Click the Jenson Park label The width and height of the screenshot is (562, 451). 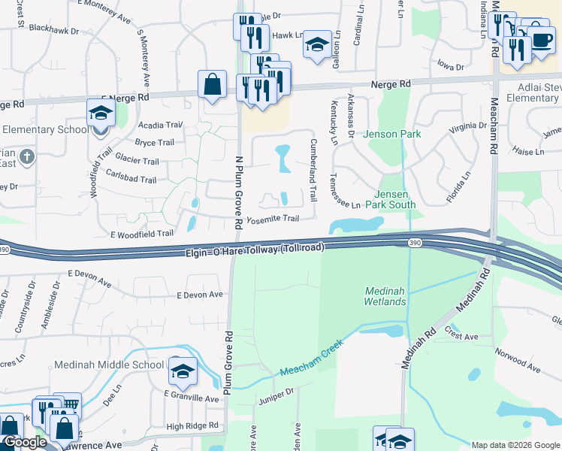coord(391,135)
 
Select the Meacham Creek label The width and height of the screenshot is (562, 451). coord(311,359)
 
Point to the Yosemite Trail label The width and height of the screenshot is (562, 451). coord(273,219)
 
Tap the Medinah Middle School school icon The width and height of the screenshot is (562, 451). coord(182,371)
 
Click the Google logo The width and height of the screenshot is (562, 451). coord(24,442)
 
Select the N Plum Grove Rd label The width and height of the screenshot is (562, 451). coord(238,192)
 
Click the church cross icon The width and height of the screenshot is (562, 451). coord(27,157)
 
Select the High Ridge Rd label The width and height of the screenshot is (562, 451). coord(192,426)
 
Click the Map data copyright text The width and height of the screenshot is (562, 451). coord(515,445)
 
